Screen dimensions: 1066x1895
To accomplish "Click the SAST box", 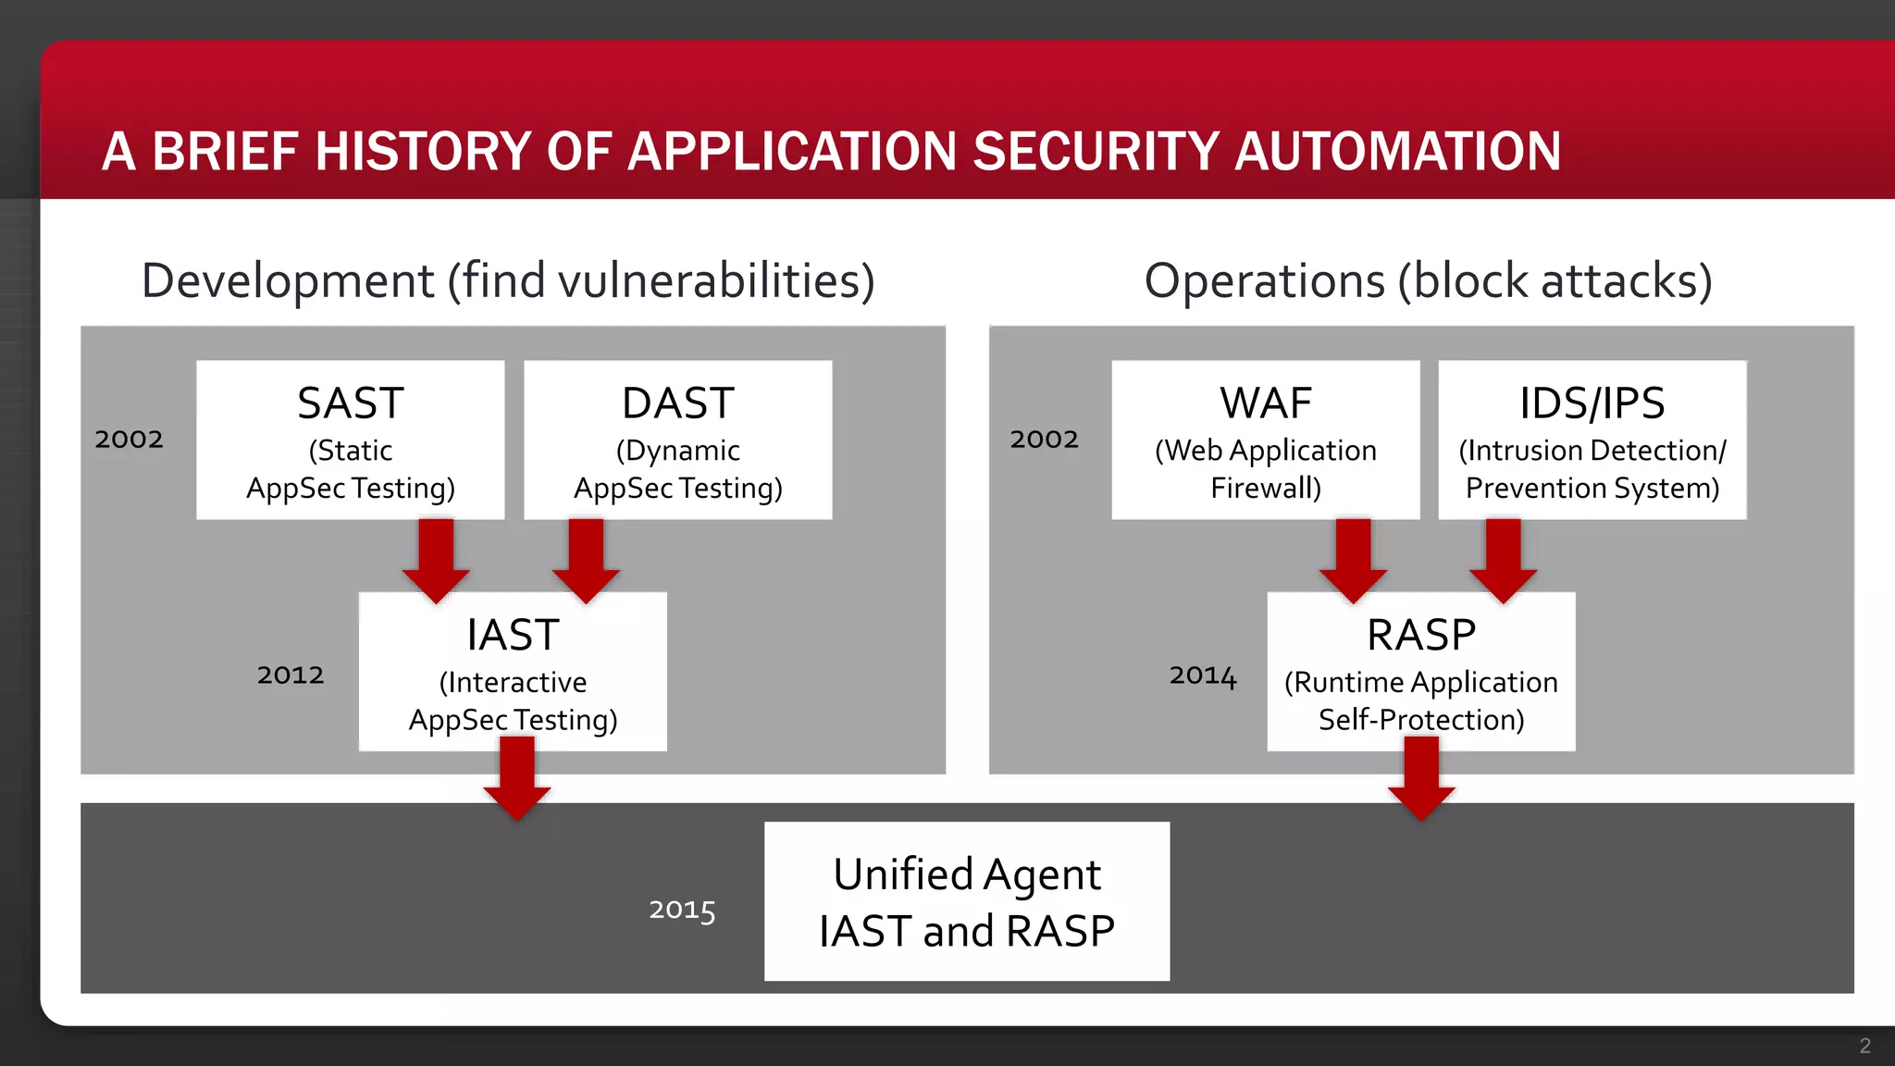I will [350, 440].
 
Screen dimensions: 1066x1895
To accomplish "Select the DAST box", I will [677, 440].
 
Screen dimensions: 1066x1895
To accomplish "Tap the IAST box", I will [513, 672].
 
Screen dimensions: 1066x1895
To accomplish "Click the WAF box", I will [1265, 440].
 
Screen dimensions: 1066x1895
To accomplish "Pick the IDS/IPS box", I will [1592, 440].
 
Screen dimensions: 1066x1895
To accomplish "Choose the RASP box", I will [1420, 672].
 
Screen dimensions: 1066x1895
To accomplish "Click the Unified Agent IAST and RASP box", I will [966, 901].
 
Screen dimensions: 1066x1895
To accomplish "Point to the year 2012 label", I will [291, 675].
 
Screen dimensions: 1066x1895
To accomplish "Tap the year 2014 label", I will [1202, 676].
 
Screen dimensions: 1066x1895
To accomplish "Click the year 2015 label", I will [682, 910].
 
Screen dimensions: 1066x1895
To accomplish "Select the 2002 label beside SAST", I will [129, 439].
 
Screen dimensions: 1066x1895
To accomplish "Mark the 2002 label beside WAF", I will [1044, 439].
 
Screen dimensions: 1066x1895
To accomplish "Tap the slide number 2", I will [1864, 1046].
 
